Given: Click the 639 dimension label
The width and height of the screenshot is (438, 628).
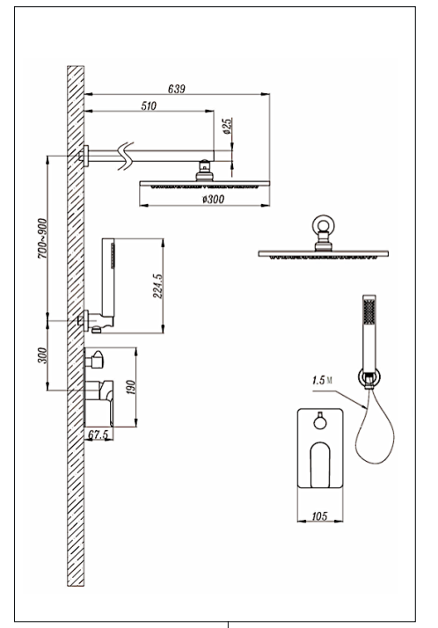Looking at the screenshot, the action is (x=177, y=89).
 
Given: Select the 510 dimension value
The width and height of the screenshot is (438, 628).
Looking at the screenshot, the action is (x=149, y=106).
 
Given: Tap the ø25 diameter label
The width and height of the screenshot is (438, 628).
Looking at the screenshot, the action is (x=228, y=126).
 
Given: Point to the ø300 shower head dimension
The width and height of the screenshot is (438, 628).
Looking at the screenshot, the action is (x=213, y=199).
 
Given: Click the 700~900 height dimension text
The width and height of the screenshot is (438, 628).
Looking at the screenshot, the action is (x=42, y=238).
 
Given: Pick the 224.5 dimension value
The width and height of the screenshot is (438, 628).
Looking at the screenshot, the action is (x=157, y=286).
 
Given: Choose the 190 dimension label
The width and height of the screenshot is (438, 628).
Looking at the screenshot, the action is (x=131, y=387).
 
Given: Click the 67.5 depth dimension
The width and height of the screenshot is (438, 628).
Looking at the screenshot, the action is (x=99, y=434).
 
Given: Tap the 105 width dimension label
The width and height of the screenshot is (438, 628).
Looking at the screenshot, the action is (x=319, y=515).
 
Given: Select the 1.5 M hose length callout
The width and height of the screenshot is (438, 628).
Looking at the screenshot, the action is (x=322, y=380).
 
